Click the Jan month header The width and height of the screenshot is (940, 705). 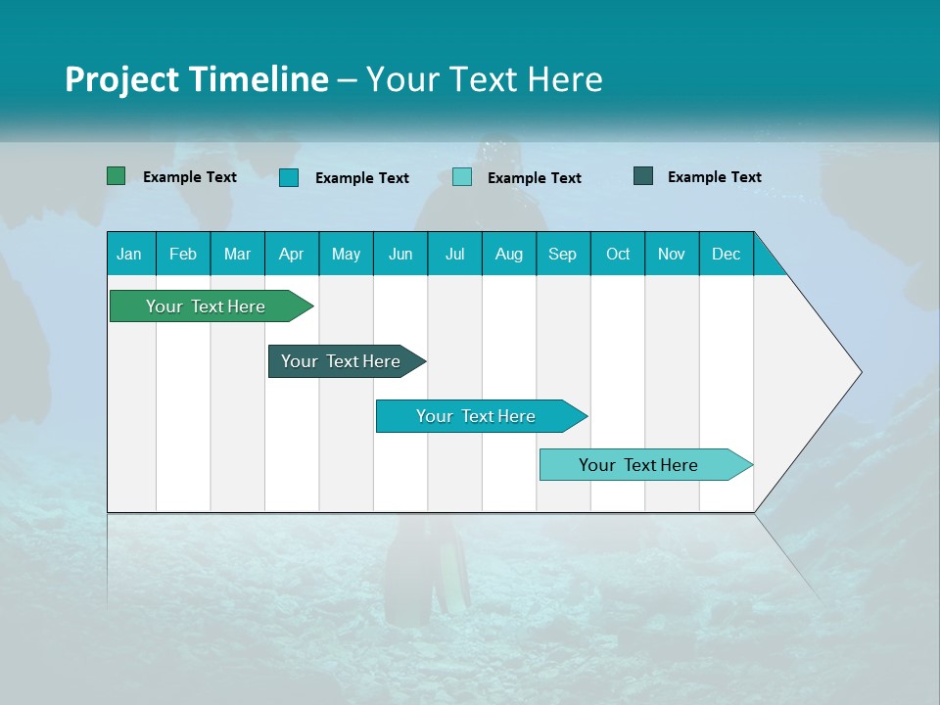(x=129, y=255)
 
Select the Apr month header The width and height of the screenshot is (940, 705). (x=291, y=255)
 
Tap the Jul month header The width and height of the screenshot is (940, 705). (x=454, y=255)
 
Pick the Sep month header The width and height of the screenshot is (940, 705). (x=562, y=255)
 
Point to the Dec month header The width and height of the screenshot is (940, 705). (x=726, y=255)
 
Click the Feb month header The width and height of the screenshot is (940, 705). (x=183, y=255)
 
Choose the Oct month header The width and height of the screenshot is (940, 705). (x=617, y=255)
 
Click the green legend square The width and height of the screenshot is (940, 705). (x=117, y=176)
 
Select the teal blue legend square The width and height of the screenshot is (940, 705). (x=289, y=177)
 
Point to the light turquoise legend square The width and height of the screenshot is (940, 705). (x=462, y=177)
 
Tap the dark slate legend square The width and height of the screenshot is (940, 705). (x=643, y=176)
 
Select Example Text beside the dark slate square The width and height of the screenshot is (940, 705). (x=714, y=177)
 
